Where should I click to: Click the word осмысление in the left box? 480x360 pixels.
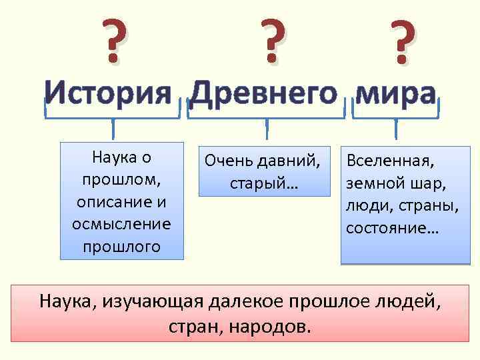[x=121, y=224]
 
